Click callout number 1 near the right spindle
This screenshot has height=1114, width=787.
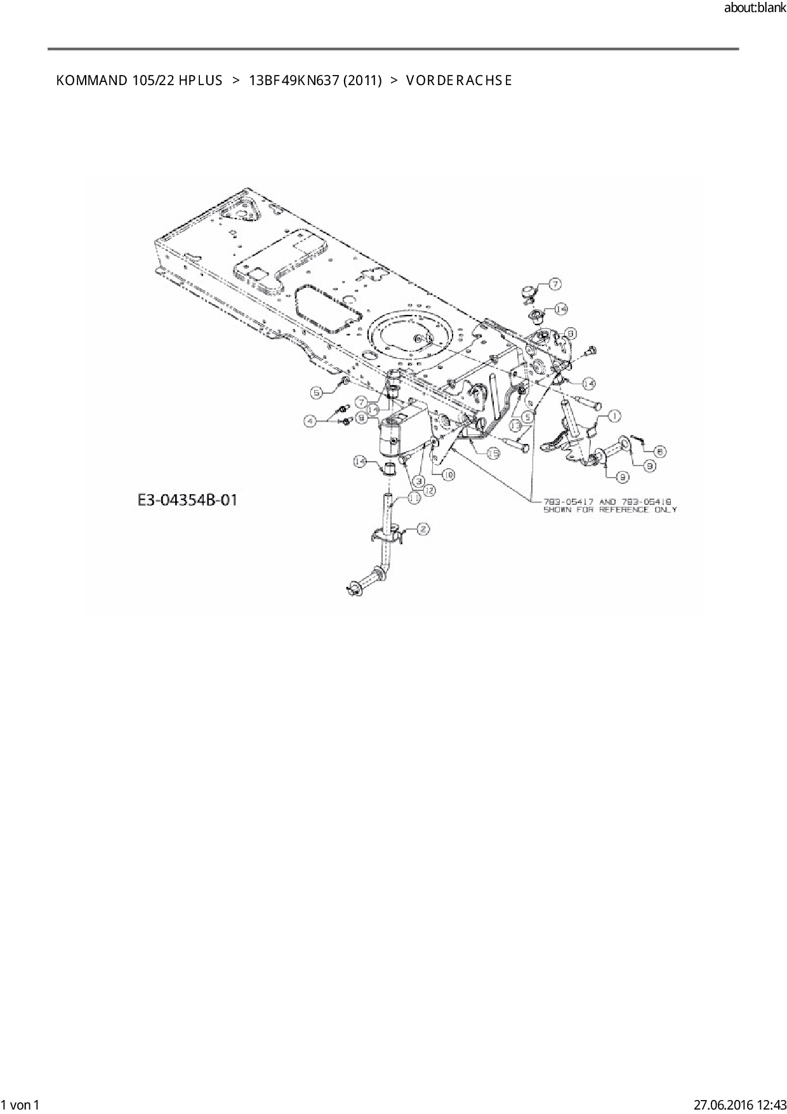click(x=614, y=416)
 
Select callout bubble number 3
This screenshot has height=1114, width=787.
click(x=420, y=481)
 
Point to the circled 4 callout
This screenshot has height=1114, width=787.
click(x=310, y=420)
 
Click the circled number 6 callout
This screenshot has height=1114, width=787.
click(x=660, y=451)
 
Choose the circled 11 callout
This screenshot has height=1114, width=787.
click(x=414, y=499)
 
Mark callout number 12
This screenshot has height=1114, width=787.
click(x=430, y=490)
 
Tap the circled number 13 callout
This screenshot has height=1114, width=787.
click(x=515, y=421)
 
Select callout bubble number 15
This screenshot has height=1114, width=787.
click(x=493, y=453)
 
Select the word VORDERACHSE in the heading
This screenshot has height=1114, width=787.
click(x=458, y=81)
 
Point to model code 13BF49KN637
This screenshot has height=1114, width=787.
click(x=294, y=81)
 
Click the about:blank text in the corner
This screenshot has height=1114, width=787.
click(x=755, y=8)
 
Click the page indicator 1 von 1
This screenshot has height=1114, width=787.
click(x=21, y=1106)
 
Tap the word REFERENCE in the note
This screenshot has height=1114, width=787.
click(x=625, y=509)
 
